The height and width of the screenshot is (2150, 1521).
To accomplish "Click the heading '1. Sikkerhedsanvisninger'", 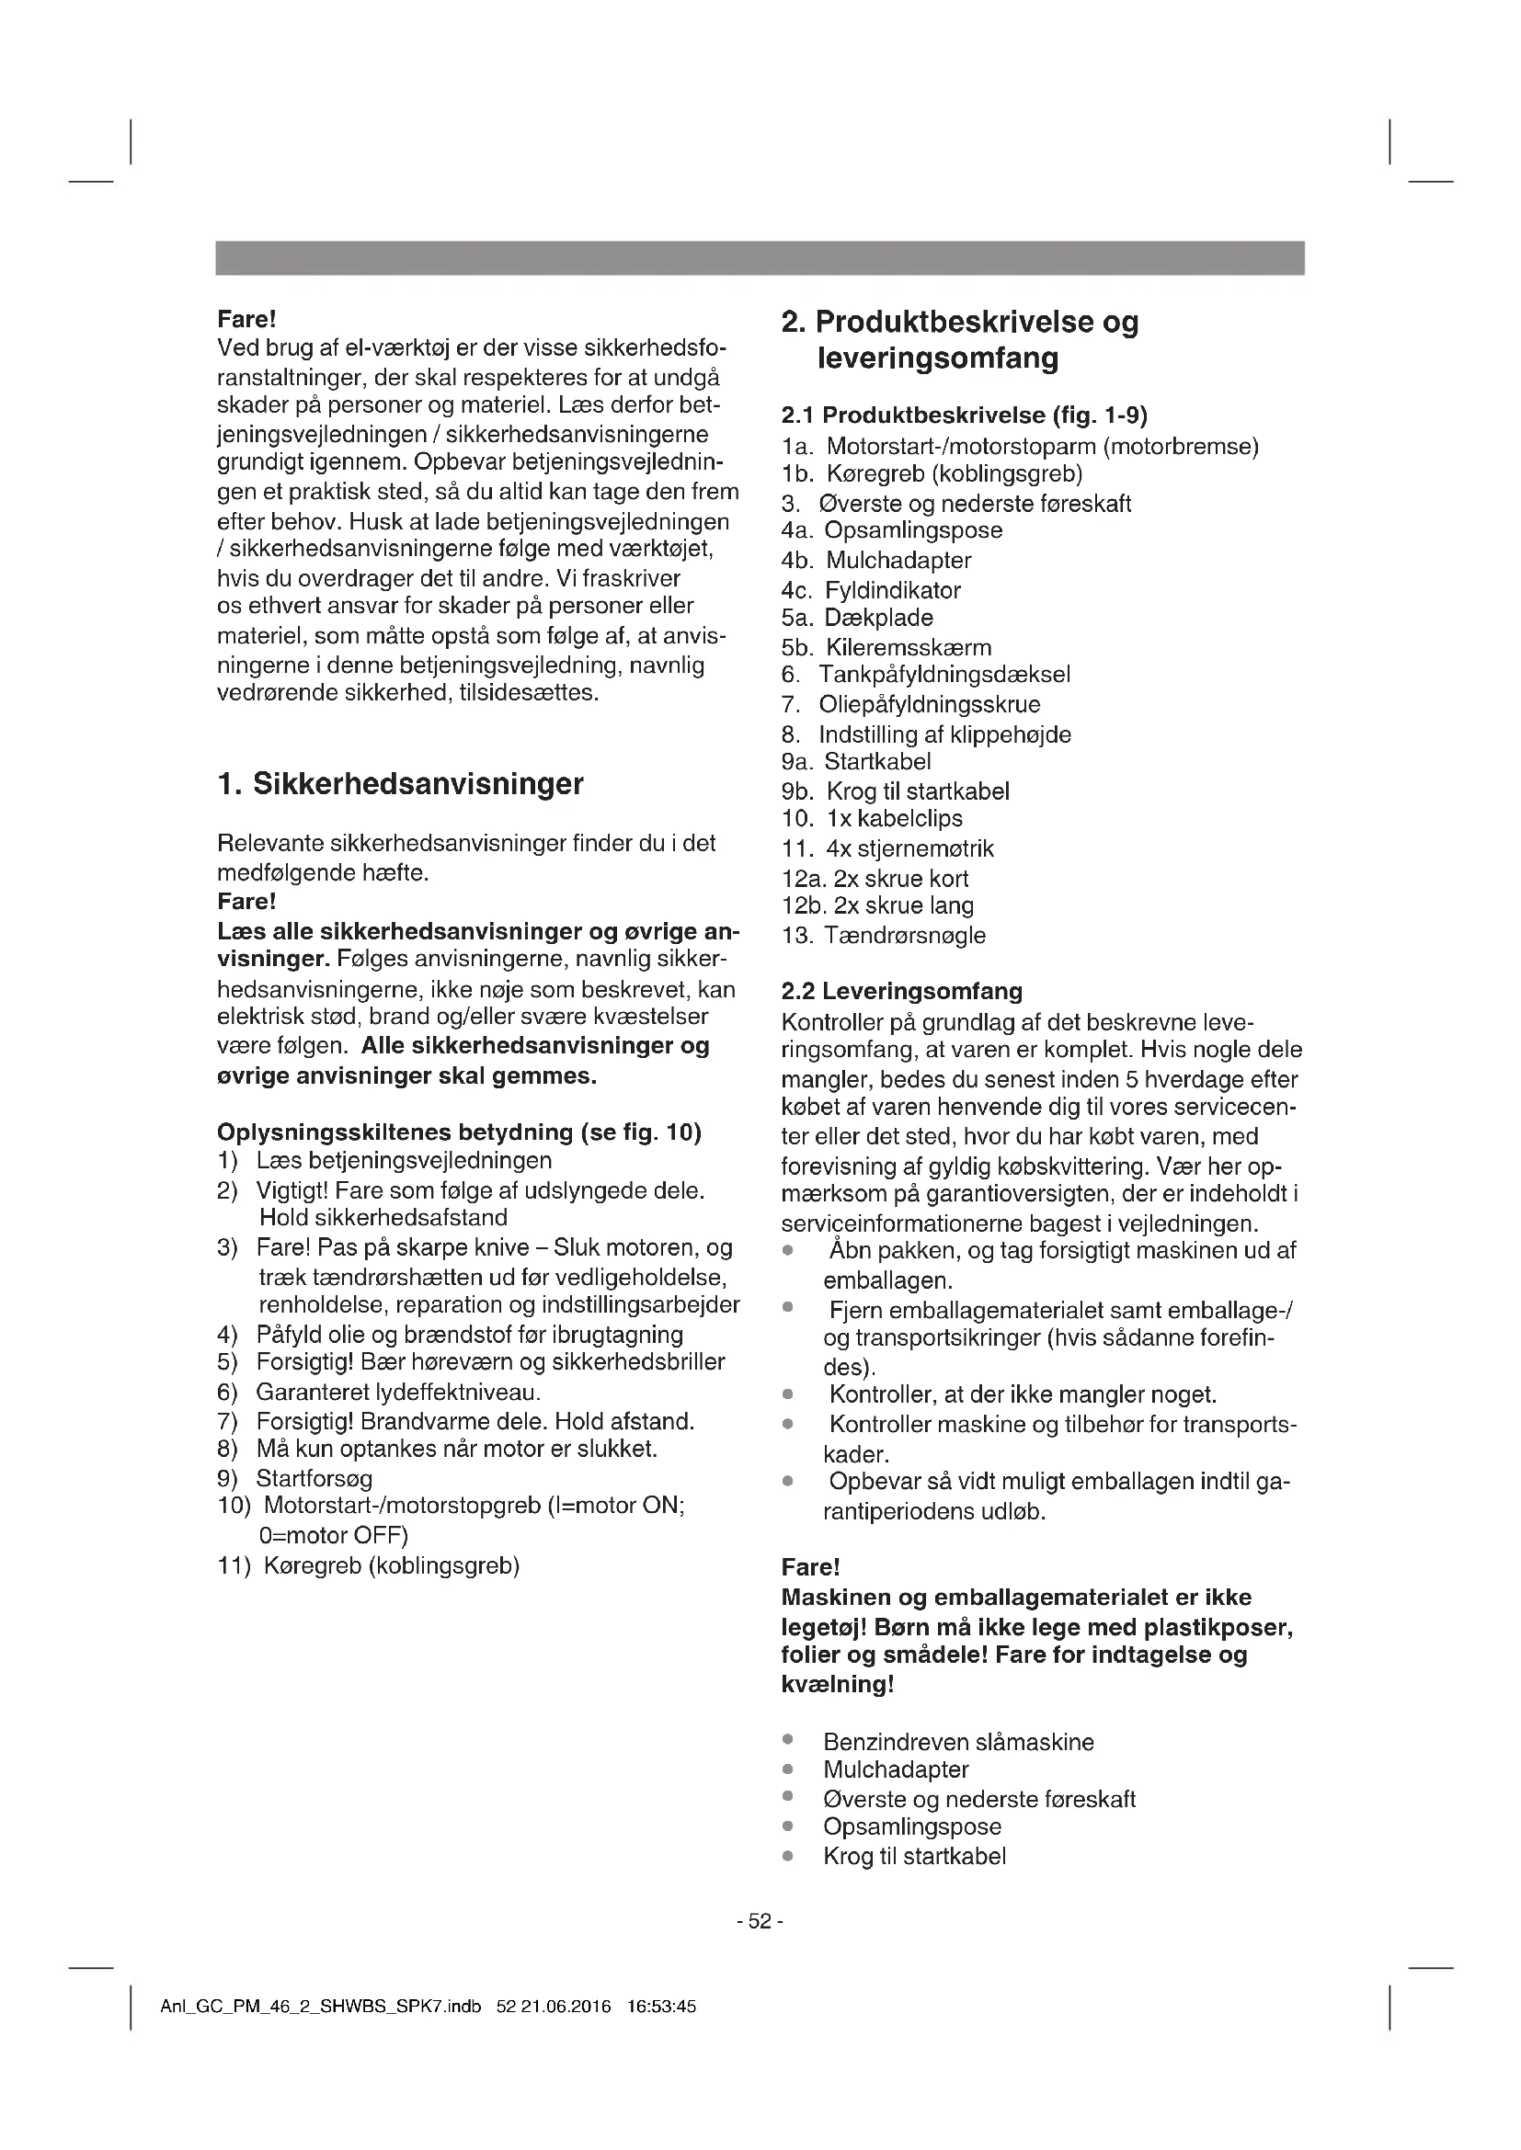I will [400, 785].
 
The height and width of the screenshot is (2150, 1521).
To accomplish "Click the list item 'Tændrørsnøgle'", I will [905, 936].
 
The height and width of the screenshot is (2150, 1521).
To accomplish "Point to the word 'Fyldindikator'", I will [893, 591].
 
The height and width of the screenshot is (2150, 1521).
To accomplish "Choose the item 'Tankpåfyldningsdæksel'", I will [944, 676].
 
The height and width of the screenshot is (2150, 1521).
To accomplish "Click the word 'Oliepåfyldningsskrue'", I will [929, 705].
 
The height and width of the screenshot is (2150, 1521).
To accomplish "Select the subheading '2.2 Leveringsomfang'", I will [901, 992].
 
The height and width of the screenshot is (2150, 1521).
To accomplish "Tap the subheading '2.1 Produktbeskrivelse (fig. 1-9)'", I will [964, 415].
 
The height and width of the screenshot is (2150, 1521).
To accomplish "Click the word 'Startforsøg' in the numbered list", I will [314, 1479].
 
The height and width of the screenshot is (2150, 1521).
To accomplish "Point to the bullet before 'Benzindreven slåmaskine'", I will [789, 1741].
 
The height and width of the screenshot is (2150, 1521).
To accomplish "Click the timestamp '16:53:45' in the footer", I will [661, 2007].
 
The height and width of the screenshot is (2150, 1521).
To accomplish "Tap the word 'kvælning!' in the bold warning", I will [838, 1685].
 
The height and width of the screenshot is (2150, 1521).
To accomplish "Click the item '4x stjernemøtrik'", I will [909, 849].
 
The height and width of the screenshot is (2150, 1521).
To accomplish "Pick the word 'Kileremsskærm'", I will [909, 648].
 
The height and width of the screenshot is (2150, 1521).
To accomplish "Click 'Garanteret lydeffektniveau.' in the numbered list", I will [398, 1393].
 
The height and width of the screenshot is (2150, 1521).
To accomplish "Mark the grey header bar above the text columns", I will [760, 258].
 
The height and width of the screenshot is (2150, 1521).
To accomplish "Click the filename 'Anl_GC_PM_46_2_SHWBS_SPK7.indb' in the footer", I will [320, 2007].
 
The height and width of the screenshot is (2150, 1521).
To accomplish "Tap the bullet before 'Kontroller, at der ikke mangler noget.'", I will [789, 1395].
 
